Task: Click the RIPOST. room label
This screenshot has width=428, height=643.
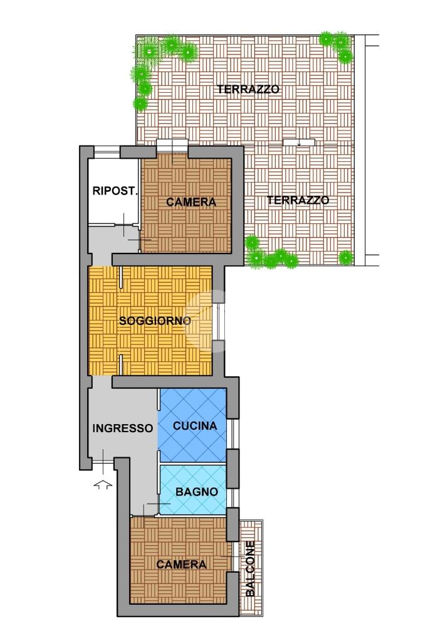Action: pos(115,191)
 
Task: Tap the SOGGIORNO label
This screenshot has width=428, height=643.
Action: pos(155,321)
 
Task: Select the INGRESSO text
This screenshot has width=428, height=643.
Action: pos(123,428)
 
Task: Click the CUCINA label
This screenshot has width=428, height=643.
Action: pos(195,426)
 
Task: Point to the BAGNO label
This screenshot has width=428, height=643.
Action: pos(197,491)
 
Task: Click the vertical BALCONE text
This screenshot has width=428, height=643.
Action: pos(250,569)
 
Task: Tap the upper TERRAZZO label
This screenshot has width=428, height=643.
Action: pos(248,89)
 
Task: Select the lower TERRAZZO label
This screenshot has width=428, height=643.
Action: pos(298,200)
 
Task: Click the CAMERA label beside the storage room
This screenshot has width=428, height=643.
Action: pos(191,202)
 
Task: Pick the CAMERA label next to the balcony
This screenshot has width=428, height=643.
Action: pos(182,564)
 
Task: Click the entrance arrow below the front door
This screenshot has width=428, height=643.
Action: pos(103,484)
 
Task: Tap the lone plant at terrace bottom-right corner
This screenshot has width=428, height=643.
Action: pos(346,258)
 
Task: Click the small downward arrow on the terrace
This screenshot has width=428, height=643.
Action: pos(300,142)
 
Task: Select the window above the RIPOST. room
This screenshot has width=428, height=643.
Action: pos(107,152)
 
